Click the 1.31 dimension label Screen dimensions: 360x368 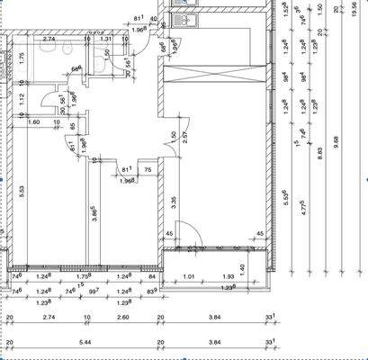[x=106, y=40]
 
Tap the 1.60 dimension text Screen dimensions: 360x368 [x=35, y=121]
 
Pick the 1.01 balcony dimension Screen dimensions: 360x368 [x=189, y=277]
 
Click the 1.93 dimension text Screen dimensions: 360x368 [x=229, y=277]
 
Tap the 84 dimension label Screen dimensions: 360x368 [x=153, y=277]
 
